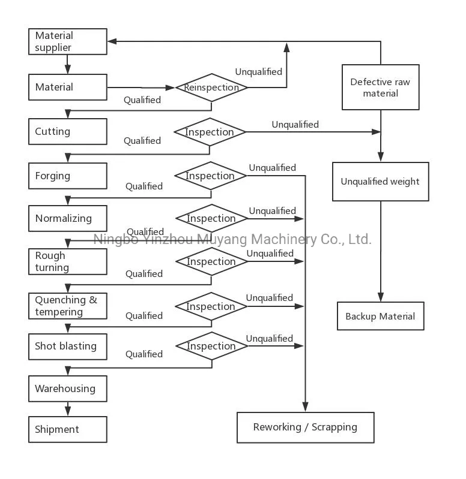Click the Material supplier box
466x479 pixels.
(x=68, y=42)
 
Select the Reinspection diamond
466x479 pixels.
(x=211, y=88)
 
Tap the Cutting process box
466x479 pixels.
(x=68, y=131)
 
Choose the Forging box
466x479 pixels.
(x=68, y=176)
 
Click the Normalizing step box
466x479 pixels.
(x=68, y=218)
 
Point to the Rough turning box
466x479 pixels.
(x=68, y=262)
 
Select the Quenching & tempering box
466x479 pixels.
(x=68, y=306)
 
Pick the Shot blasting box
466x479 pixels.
(x=68, y=346)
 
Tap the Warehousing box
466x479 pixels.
(x=68, y=388)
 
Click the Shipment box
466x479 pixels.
(x=68, y=429)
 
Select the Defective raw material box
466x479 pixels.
(x=380, y=88)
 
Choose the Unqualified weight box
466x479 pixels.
(x=380, y=182)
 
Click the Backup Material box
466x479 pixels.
(x=380, y=316)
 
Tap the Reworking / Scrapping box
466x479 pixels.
(x=305, y=427)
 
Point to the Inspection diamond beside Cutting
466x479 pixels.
(x=210, y=132)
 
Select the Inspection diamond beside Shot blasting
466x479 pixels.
(x=211, y=346)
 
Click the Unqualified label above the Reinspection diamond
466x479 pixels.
(x=258, y=72)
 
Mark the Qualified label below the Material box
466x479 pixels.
(x=142, y=100)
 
